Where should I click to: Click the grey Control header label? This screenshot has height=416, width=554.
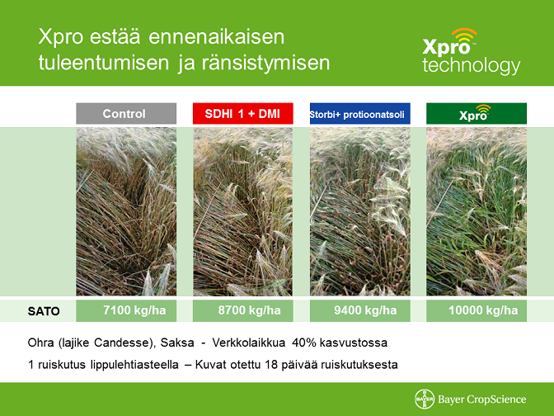[126, 114]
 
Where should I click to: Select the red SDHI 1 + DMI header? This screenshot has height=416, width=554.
[242, 114]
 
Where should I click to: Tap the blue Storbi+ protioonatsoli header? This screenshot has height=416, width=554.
[360, 114]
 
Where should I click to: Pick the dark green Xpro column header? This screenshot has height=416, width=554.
[477, 114]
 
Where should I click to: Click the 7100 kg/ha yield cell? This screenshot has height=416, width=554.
[126, 310]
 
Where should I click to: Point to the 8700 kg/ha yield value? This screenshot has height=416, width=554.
[250, 310]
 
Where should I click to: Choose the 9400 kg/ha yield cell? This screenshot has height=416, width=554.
[360, 310]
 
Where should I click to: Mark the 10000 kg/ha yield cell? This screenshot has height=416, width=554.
[477, 310]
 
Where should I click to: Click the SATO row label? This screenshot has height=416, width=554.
[44, 311]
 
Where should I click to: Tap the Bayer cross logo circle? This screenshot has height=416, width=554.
[425, 399]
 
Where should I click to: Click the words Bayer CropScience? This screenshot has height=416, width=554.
[482, 399]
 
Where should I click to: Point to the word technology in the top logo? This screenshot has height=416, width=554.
[472, 65]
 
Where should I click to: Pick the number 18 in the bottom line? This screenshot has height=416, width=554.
[271, 364]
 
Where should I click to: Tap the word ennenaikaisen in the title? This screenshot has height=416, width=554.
[216, 37]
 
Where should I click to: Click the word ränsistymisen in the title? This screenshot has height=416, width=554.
[265, 63]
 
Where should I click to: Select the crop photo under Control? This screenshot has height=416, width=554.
[126, 211]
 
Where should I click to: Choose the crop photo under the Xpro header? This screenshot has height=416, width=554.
[477, 211]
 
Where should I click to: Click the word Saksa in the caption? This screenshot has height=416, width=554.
[177, 343]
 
